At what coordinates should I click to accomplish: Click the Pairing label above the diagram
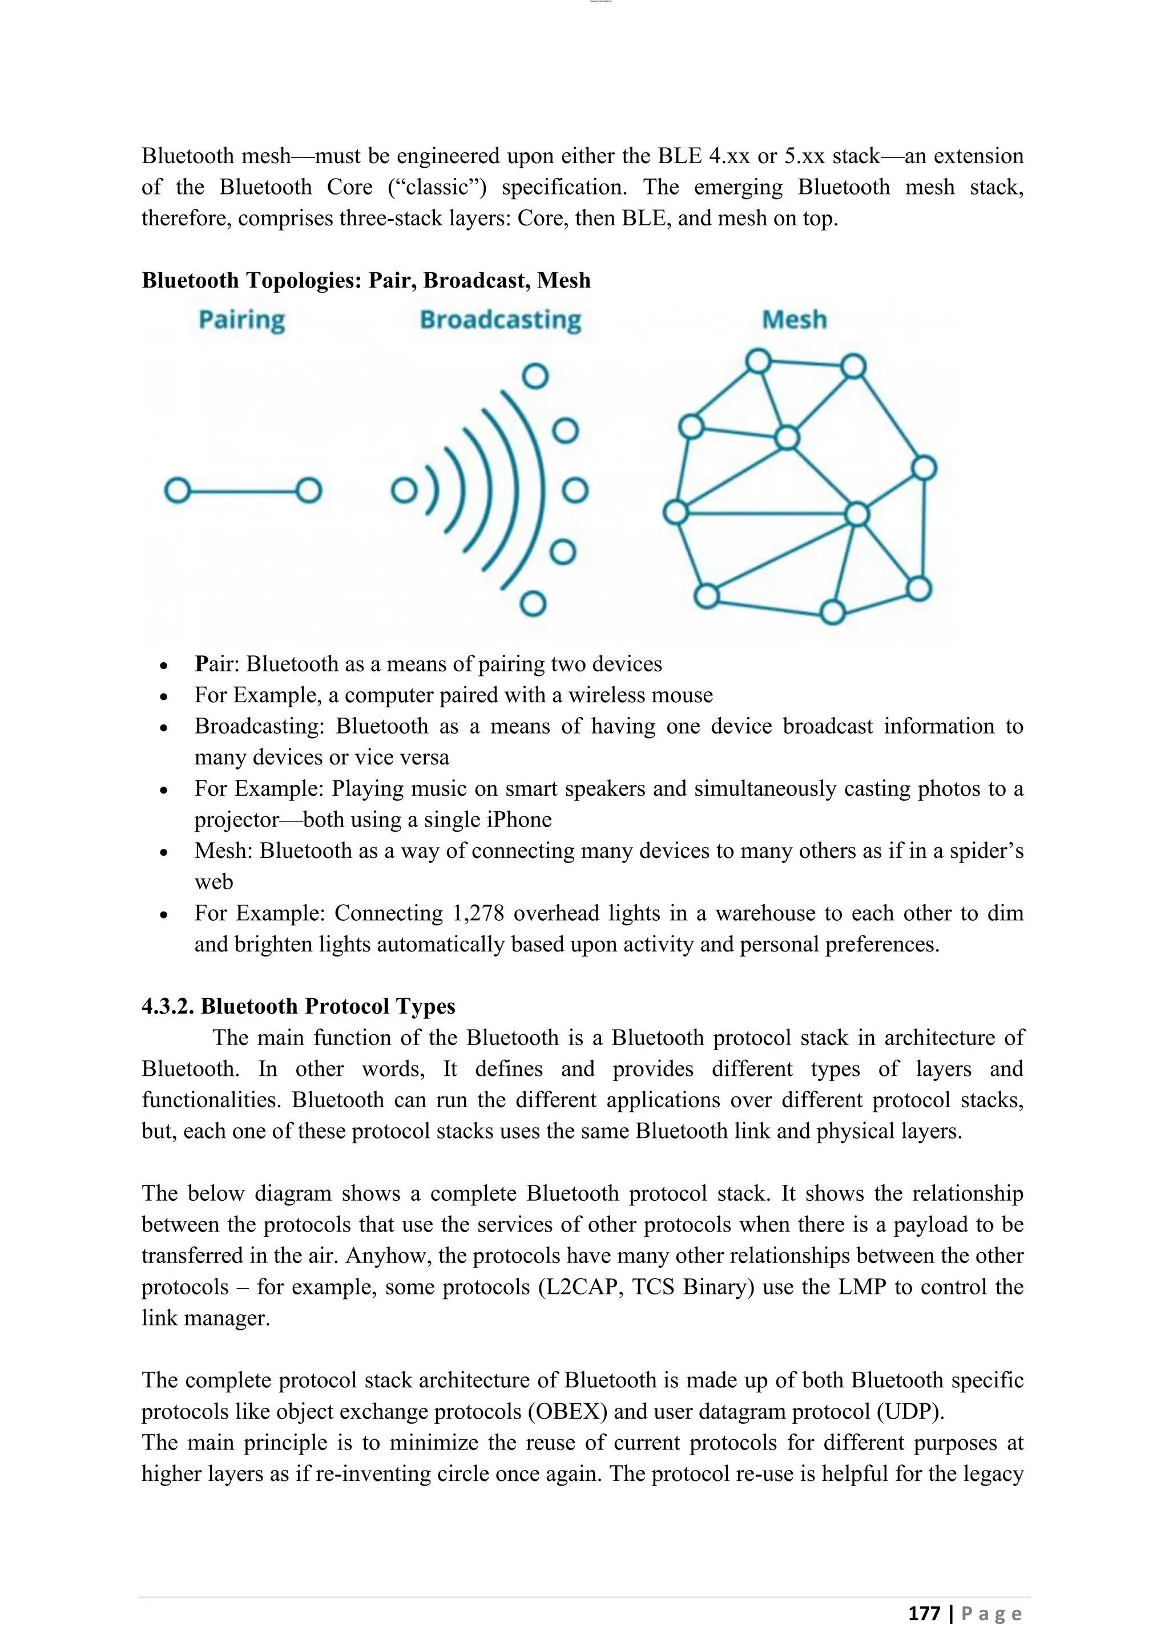click(242, 320)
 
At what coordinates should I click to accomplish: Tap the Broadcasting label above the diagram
click(500, 320)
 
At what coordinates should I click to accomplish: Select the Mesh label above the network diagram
click(794, 319)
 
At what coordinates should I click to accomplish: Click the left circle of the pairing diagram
click(177, 491)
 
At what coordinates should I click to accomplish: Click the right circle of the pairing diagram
click(309, 491)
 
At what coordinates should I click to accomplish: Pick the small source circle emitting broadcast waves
click(404, 491)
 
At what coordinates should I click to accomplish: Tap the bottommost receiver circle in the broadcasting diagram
click(533, 604)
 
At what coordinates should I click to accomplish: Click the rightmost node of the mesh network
click(924, 468)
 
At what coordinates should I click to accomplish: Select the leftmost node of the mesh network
click(675, 513)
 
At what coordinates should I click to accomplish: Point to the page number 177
click(924, 1614)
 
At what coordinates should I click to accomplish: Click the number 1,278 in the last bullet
click(477, 913)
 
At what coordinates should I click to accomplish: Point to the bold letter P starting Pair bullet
click(201, 663)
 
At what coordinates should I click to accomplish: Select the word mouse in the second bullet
click(684, 695)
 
